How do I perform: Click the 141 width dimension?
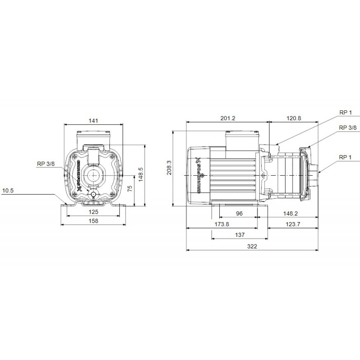click(x=93, y=121)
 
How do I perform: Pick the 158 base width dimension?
click(x=93, y=221)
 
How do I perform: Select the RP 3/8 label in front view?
click(x=46, y=163)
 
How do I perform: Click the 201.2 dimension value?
click(x=228, y=118)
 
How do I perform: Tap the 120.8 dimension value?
click(x=293, y=118)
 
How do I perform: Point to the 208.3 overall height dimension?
click(x=169, y=168)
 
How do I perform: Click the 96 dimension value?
click(x=239, y=213)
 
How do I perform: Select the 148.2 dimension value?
click(x=291, y=213)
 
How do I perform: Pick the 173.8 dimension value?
click(x=222, y=224)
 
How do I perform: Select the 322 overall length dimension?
click(x=252, y=246)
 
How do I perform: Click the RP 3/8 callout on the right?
click(x=348, y=128)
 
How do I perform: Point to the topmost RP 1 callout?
click(x=346, y=112)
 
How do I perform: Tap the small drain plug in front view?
click(x=94, y=195)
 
